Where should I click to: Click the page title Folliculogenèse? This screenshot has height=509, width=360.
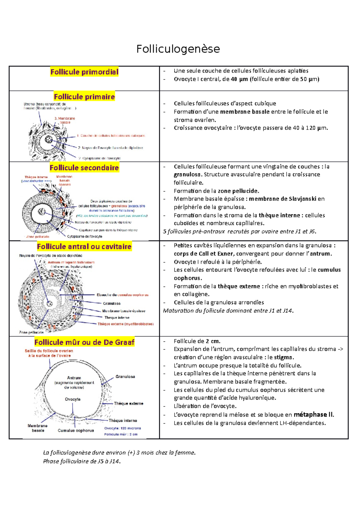coord(178,49)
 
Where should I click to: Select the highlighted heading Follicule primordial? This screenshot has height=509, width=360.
coord(84,72)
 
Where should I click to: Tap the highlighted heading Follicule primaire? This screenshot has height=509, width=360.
coord(84,97)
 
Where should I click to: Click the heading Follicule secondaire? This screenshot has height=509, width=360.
coord(84,168)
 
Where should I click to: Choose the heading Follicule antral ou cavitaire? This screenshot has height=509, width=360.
coord(84,247)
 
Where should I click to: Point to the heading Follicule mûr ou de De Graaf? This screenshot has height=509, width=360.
coord(84,342)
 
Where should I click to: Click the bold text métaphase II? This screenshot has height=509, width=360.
coord(313,415)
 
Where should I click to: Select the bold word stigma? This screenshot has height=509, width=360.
coord(283,357)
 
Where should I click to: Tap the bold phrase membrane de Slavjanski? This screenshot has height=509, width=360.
coord(282,199)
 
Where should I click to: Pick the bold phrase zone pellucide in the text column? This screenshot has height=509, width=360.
coord(238,191)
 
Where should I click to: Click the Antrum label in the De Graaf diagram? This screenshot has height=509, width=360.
coord(74,378)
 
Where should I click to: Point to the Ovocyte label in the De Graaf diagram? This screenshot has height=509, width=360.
coord(73,399)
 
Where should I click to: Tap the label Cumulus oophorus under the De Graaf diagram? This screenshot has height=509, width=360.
coord(76,430)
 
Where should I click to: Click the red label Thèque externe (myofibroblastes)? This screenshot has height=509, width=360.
coord(125,324)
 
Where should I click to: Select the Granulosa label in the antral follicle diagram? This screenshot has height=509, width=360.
coord(112,303)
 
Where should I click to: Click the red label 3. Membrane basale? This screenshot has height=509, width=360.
coord(65,120)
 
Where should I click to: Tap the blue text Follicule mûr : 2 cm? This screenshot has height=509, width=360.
coord(121,434)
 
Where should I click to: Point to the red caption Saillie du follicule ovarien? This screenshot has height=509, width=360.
coord(49,351)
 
